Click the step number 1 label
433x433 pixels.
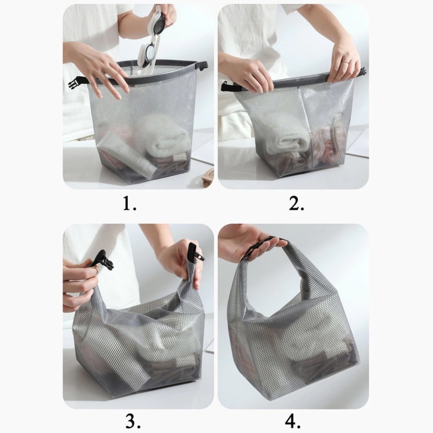(129, 204)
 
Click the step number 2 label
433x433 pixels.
(297, 204)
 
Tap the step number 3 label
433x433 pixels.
(133, 422)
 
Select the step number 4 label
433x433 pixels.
(292, 422)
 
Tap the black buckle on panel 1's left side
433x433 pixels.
(75, 83)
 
